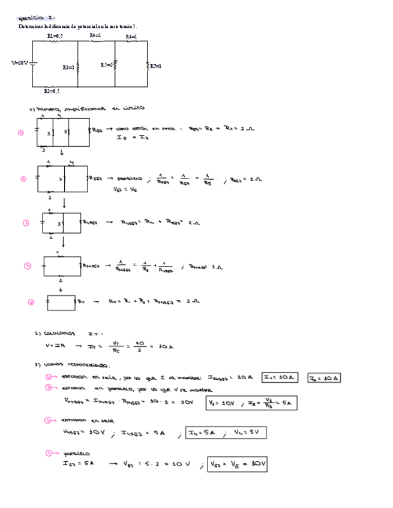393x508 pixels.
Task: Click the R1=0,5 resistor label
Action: (55, 37)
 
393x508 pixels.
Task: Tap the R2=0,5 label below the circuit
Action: (52, 92)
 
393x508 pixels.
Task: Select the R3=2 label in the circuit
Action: (68, 68)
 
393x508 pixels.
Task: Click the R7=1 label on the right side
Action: (155, 66)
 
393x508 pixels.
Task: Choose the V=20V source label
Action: (20, 62)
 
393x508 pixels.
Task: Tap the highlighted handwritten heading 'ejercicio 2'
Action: (37, 19)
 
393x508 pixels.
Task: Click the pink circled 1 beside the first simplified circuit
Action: (21, 133)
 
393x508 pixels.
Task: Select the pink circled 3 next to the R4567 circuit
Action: (26, 223)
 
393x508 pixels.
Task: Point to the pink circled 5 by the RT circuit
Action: (31, 303)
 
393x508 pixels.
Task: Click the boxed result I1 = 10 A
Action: (280, 377)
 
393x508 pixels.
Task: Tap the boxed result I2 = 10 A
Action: (324, 378)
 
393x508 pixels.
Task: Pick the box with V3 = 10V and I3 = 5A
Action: (251, 403)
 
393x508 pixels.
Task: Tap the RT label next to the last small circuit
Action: (82, 302)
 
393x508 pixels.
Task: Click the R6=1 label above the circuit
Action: (131, 37)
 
